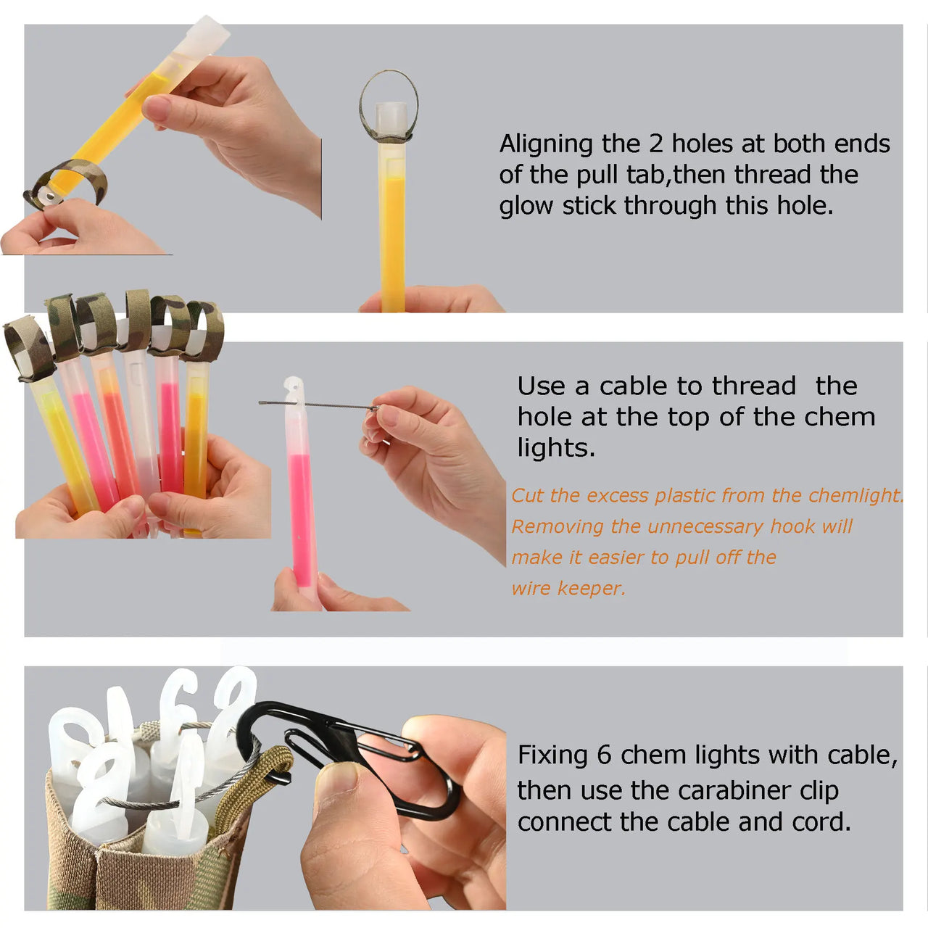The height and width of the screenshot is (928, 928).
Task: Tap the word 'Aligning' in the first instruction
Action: (x=546, y=144)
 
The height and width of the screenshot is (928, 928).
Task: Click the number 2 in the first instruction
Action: (x=655, y=144)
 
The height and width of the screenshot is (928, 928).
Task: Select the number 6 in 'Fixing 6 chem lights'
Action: (x=604, y=755)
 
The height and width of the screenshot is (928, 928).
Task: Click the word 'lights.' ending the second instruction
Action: (x=556, y=447)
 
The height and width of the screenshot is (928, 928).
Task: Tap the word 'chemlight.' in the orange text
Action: (x=855, y=496)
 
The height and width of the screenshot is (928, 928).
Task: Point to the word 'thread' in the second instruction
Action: (x=754, y=386)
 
